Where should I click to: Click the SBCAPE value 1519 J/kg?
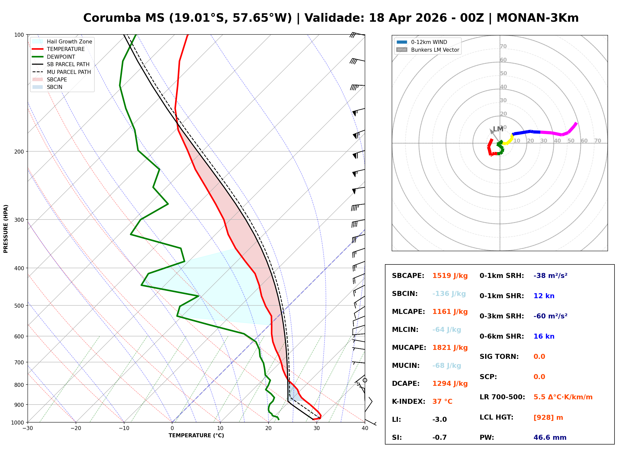(x=450, y=276)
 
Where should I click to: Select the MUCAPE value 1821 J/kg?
(x=450, y=348)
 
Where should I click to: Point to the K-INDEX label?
(x=408, y=402)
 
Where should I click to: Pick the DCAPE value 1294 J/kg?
(x=450, y=384)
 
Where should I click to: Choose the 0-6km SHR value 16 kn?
(x=544, y=336)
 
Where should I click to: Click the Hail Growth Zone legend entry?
(x=69, y=41)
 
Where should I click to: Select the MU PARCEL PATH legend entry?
(x=69, y=72)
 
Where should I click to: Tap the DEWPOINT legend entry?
(x=61, y=57)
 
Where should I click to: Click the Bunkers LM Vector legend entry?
(x=435, y=50)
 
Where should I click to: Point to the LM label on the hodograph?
(x=498, y=129)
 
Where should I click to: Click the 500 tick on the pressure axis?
(x=19, y=306)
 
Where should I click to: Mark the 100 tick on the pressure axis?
(x=19, y=35)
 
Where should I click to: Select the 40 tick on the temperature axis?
(x=365, y=428)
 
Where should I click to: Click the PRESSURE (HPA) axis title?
(x=6, y=229)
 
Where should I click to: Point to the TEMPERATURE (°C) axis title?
(x=196, y=436)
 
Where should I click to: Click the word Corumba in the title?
(x=112, y=18)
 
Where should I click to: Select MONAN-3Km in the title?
(x=537, y=18)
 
